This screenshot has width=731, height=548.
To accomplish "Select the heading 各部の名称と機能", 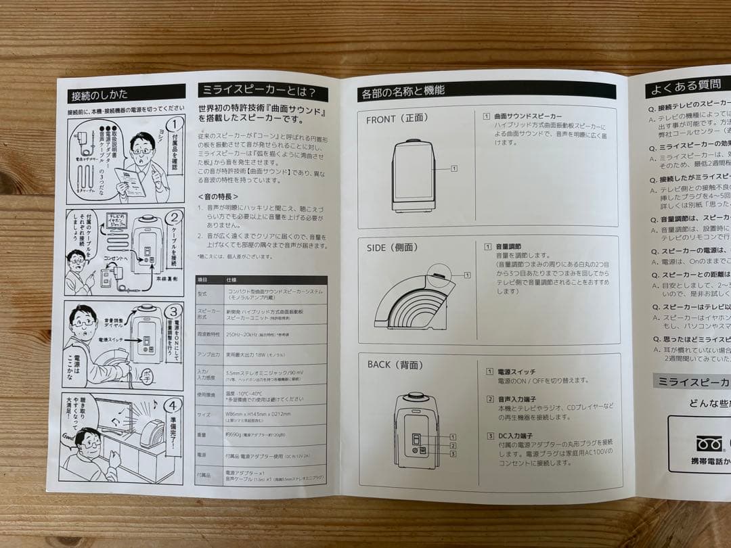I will tap(403, 90).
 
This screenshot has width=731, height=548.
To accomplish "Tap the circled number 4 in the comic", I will tap(173, 406).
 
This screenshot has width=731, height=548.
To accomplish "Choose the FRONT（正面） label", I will tap(397, 119).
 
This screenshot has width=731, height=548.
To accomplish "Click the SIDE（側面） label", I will tap(392, 248).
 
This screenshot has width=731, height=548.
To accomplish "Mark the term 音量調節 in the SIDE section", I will tap(508, 247).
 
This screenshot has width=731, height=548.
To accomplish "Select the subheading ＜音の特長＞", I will tap(217, 196).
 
